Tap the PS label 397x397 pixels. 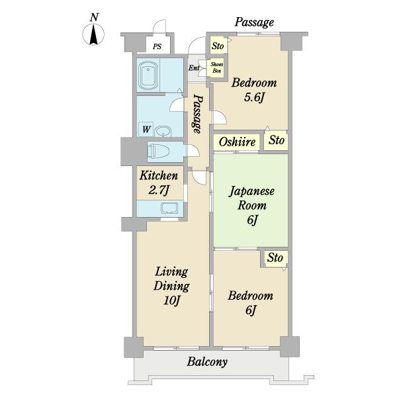(x=157, y=46)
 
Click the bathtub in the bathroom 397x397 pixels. (x=148, y=75)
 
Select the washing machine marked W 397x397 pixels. (x=146, y=130)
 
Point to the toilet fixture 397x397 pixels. (x=158, y=152)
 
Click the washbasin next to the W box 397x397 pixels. (x=163, y=132)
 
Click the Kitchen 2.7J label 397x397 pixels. (x=159, y=183)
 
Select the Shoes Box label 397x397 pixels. (x=217, y=67)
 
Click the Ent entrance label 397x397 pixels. (x=194, y=68)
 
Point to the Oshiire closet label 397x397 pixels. (x=237, y=142)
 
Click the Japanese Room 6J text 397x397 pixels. (x=251, y=205)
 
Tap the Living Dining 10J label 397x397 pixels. (x=171, y=286)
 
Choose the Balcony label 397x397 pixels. (x=207, y=362)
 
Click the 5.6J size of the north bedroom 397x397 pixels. (x=254, y=97)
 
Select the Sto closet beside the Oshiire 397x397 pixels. (x=277, y=140)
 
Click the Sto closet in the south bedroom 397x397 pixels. (x=275, y=258)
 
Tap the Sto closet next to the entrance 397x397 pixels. (x=218, y=46)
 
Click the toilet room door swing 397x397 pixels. (x=193, y=151)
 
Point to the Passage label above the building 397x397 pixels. (x=254, y=22)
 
